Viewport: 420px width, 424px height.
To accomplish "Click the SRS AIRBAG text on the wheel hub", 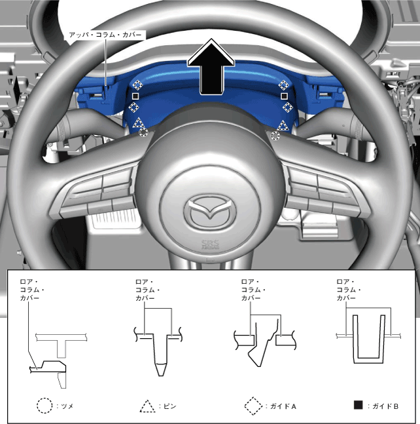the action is pos(210,244).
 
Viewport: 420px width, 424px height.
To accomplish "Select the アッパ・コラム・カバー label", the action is pos(105,35).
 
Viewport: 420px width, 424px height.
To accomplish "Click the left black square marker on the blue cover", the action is pos(135,96).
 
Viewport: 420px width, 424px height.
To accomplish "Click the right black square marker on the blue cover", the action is pos(284,96).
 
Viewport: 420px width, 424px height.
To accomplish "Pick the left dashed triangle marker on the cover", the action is pos(138,123).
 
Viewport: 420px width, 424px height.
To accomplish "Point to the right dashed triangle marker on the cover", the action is pos(283,126).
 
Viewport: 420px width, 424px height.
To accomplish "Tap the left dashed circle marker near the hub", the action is pos(143,132).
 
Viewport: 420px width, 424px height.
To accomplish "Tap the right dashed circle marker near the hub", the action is pos(275,136).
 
